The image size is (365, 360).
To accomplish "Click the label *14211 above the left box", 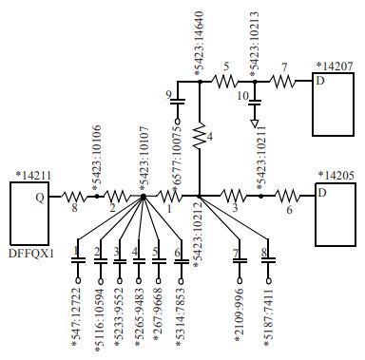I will [x=35, y=175].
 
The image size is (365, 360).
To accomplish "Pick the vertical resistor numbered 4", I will [x=201, y=138].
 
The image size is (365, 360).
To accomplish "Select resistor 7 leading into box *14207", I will [x=283, y=83].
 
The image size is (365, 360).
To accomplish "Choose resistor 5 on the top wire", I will [x=226, y=83].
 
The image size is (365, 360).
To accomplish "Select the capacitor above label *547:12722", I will [x=77, y=257].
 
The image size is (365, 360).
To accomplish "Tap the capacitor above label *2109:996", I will [x=239, y=257].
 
